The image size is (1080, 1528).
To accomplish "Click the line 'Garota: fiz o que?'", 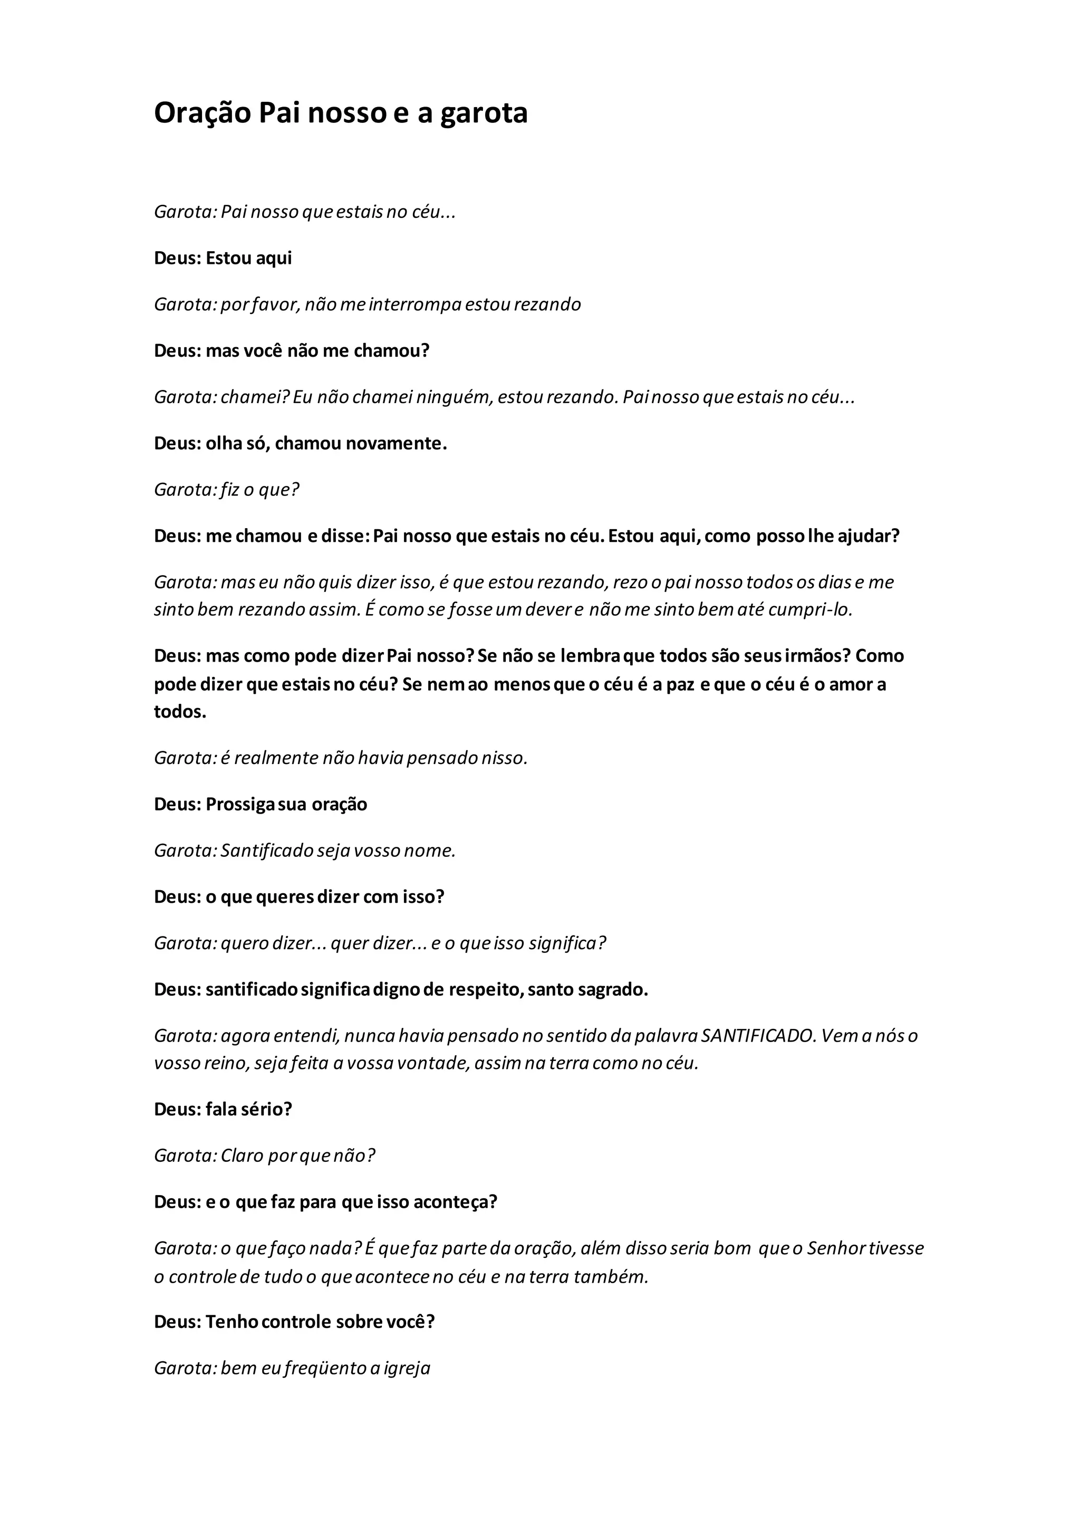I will pyautogui.click(x=227, y=490).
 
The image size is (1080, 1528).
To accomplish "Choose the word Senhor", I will pyautogui.click(x=836, y=1248).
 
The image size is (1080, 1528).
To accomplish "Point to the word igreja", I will pyautogui.click(x=408, y=1368).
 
